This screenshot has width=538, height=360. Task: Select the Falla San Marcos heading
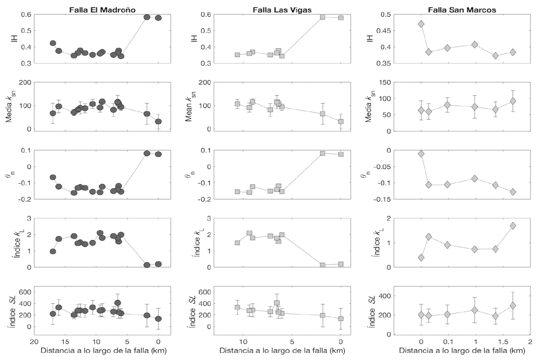pyautogui.click(x=462, y=10)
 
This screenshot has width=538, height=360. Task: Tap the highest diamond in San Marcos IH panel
pyautogui.click(x=421, y=24)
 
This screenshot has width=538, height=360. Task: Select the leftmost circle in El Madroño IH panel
pyautogui.click(x=52, y=43)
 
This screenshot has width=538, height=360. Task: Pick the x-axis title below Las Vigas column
pyautogui.click(x=282, y=351)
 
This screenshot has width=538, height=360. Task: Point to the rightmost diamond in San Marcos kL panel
pyautogui.click(x=513, y=226)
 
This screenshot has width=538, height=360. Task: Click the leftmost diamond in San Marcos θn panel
pyautogui.click(x=421, y=154)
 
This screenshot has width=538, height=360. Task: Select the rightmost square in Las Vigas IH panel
pyautogui.click(x=341, y=18)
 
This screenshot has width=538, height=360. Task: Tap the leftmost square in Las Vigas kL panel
pyautogui.click(x=237, y=243)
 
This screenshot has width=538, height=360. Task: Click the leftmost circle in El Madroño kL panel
pyautogui.click(x=52, y=251)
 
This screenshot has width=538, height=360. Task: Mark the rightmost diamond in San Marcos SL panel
pyautogui.click(x=513, y=306)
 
